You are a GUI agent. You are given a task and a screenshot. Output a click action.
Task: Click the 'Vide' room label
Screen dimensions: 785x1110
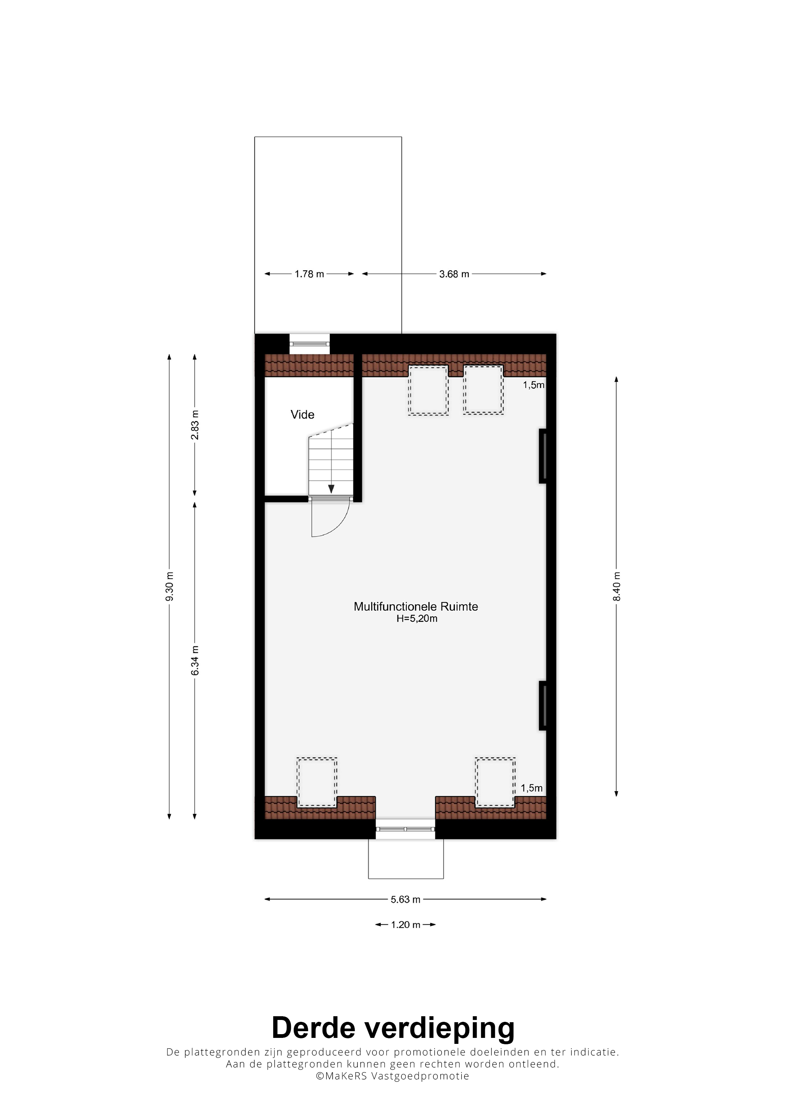pos(302,414)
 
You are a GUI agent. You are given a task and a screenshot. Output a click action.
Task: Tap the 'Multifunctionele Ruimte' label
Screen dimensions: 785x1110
pos(416,606)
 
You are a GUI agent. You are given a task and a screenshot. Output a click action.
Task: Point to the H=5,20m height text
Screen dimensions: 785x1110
pos(417,619)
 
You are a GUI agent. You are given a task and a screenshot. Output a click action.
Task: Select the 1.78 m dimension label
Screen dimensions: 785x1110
pos(310,274)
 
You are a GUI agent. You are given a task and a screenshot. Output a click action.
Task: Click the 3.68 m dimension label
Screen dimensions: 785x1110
pos(454,274)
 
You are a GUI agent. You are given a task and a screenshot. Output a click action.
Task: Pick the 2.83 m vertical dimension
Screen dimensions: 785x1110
pos(195,425)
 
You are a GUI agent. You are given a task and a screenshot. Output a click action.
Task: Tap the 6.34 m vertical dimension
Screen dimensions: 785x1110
pos(195,661)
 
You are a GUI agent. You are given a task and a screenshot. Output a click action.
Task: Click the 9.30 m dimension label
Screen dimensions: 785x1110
pos(169,587)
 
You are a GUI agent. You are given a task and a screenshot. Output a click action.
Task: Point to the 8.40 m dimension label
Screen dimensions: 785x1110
pos(617,587)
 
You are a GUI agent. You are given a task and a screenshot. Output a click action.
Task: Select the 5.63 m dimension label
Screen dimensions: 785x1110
pos(406,900)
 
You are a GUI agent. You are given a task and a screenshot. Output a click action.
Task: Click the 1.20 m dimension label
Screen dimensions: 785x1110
pos(406,925)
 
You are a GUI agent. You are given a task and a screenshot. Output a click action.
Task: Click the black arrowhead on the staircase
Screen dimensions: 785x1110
pos(331,489)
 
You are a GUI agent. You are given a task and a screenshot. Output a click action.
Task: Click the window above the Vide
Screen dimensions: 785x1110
pos(310,344)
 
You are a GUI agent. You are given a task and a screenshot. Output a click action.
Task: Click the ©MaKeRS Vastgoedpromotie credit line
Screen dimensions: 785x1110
pos(393,1076)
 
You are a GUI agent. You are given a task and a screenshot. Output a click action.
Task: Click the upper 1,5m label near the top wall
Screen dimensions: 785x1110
pos(533,385)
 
